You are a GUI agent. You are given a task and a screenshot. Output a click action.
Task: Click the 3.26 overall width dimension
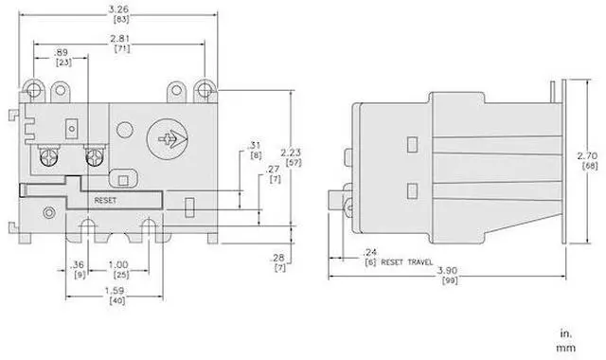(118, 9)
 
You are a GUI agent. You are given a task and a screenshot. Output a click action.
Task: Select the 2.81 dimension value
(120, 39)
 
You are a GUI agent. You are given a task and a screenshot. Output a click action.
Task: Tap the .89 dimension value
(61, 53)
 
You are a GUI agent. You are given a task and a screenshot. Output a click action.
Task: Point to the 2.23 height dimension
(291, 153)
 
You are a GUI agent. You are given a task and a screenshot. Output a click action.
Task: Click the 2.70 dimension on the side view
(587, 155)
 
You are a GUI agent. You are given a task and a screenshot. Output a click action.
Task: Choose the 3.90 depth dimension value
(447, 270)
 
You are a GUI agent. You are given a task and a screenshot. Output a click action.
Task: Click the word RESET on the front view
(105, 201)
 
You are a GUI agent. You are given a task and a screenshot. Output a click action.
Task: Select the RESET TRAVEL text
(407, 262)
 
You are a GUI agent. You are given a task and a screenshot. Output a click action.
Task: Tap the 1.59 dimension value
(115, 291)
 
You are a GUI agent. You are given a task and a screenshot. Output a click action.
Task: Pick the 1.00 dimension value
(118, 265)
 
